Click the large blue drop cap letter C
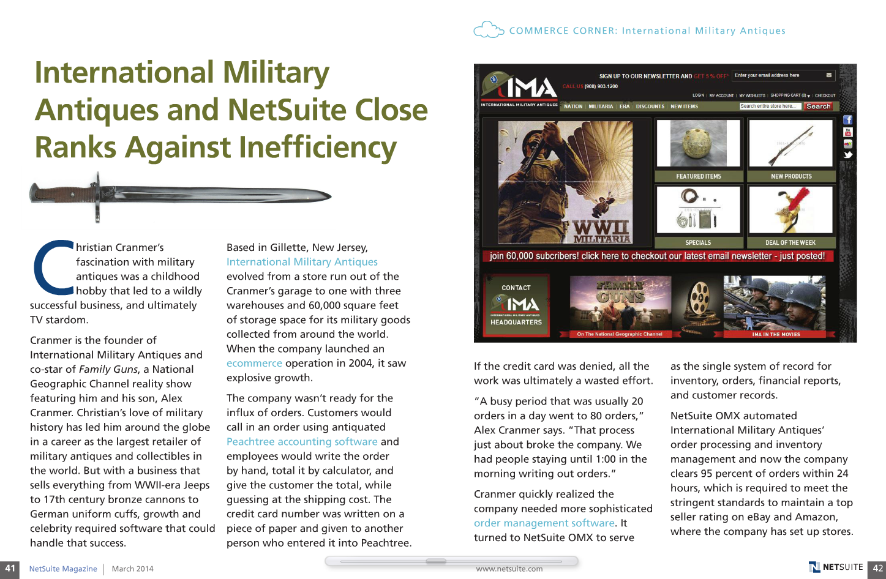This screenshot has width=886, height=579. [x=54, y=268]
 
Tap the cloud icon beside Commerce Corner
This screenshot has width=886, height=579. [x=489, y=30]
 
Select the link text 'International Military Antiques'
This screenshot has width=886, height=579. [x=302, y=262]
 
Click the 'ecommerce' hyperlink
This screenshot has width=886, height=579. [x=254, y=363]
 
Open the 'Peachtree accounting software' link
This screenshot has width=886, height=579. [x=302, y=441]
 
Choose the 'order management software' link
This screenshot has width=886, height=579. [x=544, y=523]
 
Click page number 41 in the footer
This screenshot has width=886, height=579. [x=10, y=569]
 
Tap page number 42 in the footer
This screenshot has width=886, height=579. [x=877, y=569]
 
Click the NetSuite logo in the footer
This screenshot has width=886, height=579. [x=836, y=567]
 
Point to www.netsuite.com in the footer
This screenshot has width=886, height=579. [x=509, y=569]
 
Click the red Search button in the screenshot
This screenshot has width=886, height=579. [x=818, y=106]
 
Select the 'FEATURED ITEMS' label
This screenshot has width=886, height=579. [x=699, y=176]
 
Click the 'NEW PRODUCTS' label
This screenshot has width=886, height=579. [x=791, y=176]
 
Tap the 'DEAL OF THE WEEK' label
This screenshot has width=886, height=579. [x=790, y=242]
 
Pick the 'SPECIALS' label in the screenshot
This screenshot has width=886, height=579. [x=698, y=242]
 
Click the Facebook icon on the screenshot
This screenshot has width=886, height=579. [x=847, y=120]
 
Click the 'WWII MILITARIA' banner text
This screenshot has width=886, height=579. [x=601, y=231]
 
